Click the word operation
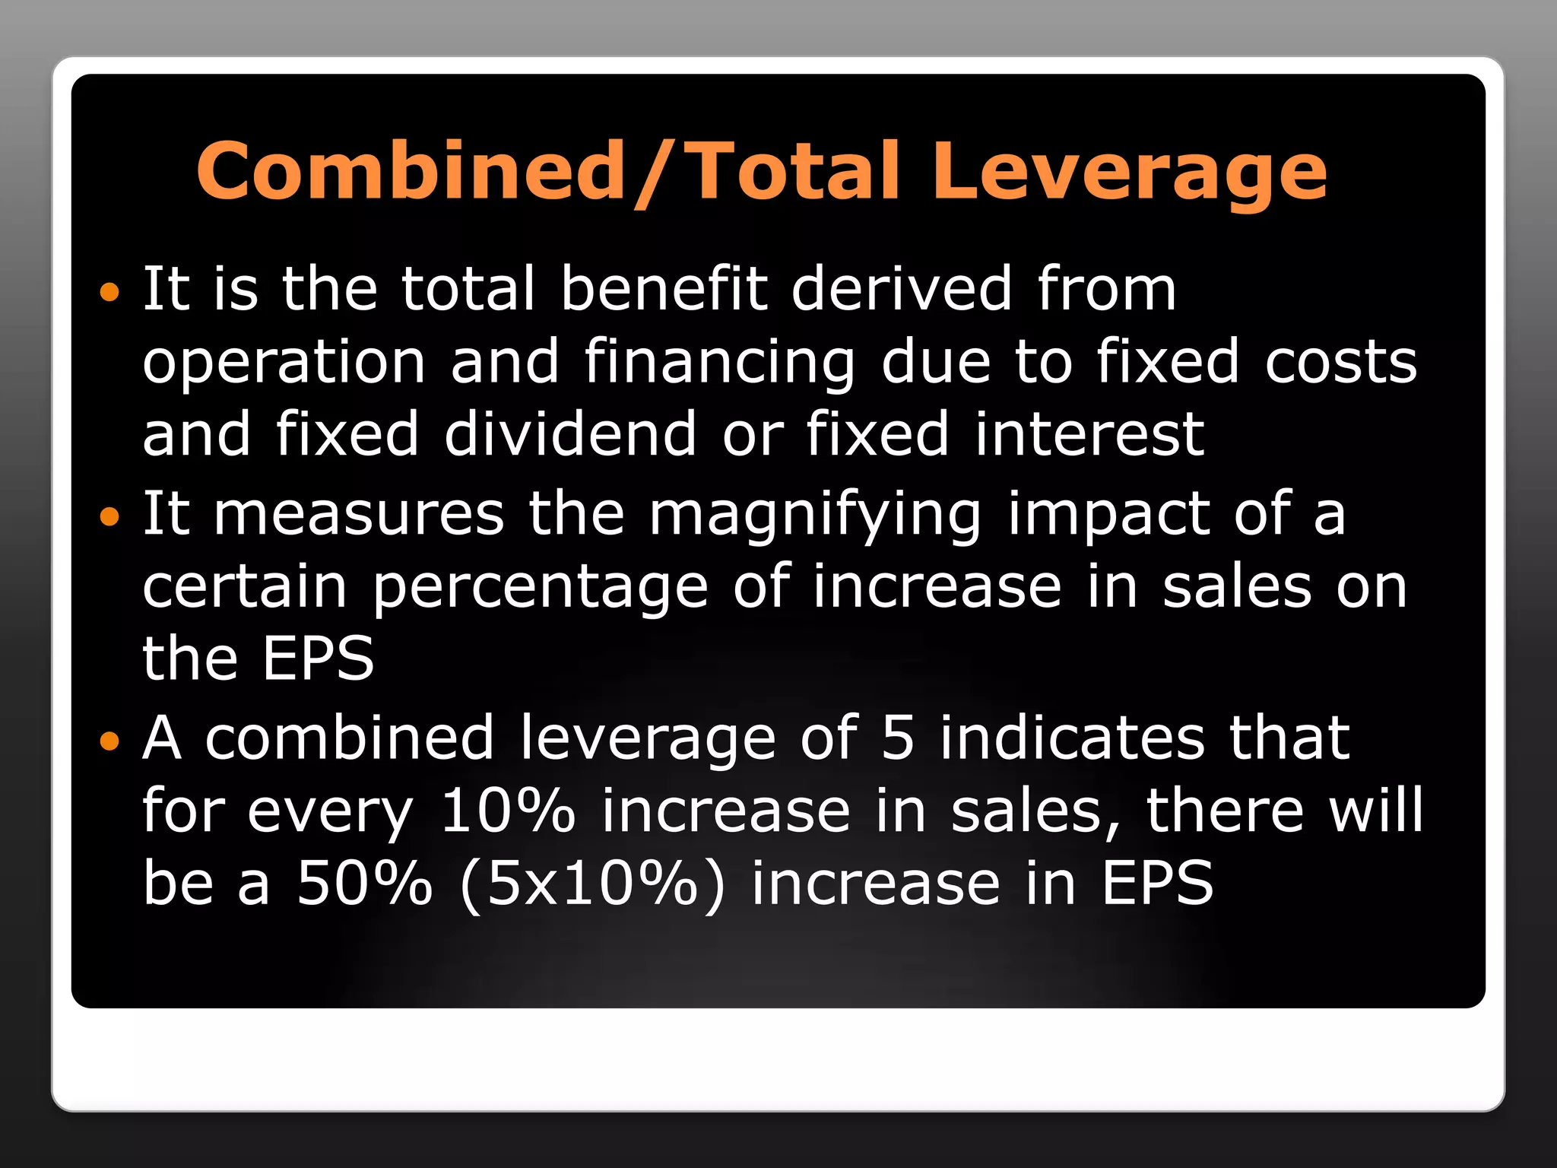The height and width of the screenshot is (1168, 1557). (284, 363)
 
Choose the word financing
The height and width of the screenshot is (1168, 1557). (719, 363)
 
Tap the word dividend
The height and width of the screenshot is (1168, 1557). (570, 434)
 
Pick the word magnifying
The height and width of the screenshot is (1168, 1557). (815, 515)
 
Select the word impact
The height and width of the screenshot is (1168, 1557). (1108, 515)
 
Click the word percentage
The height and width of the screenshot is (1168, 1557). (540, 588)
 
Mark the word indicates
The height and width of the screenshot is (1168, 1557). (1072, 738)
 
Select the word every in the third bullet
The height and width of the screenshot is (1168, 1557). (330, 812)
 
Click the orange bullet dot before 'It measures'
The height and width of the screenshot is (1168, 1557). (110, 517)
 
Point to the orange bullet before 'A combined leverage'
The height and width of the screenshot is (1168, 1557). (110, 741)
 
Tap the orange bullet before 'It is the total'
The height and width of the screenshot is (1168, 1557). (110, 291)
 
